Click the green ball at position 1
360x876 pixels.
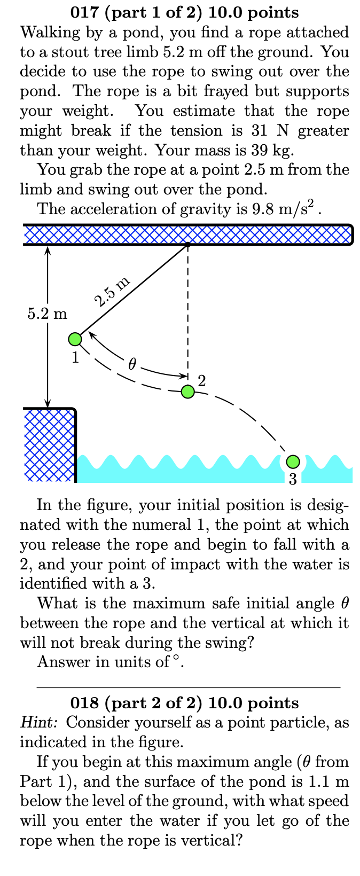[x=75, y=339]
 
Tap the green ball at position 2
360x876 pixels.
[x=187, y=391]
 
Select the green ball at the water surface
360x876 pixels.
[x=293, y=461]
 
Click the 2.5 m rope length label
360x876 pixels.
[x=112, y=292]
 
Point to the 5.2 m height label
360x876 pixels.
[x=48, y=314]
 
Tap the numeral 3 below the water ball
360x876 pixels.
[x=293, y=479]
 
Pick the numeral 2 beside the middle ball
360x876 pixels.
[x=201, y=380]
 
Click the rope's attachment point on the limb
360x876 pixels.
[x=187, y=245]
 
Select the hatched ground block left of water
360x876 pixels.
[x=49, y=445]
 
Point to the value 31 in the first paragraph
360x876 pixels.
[x=259, y=130]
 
